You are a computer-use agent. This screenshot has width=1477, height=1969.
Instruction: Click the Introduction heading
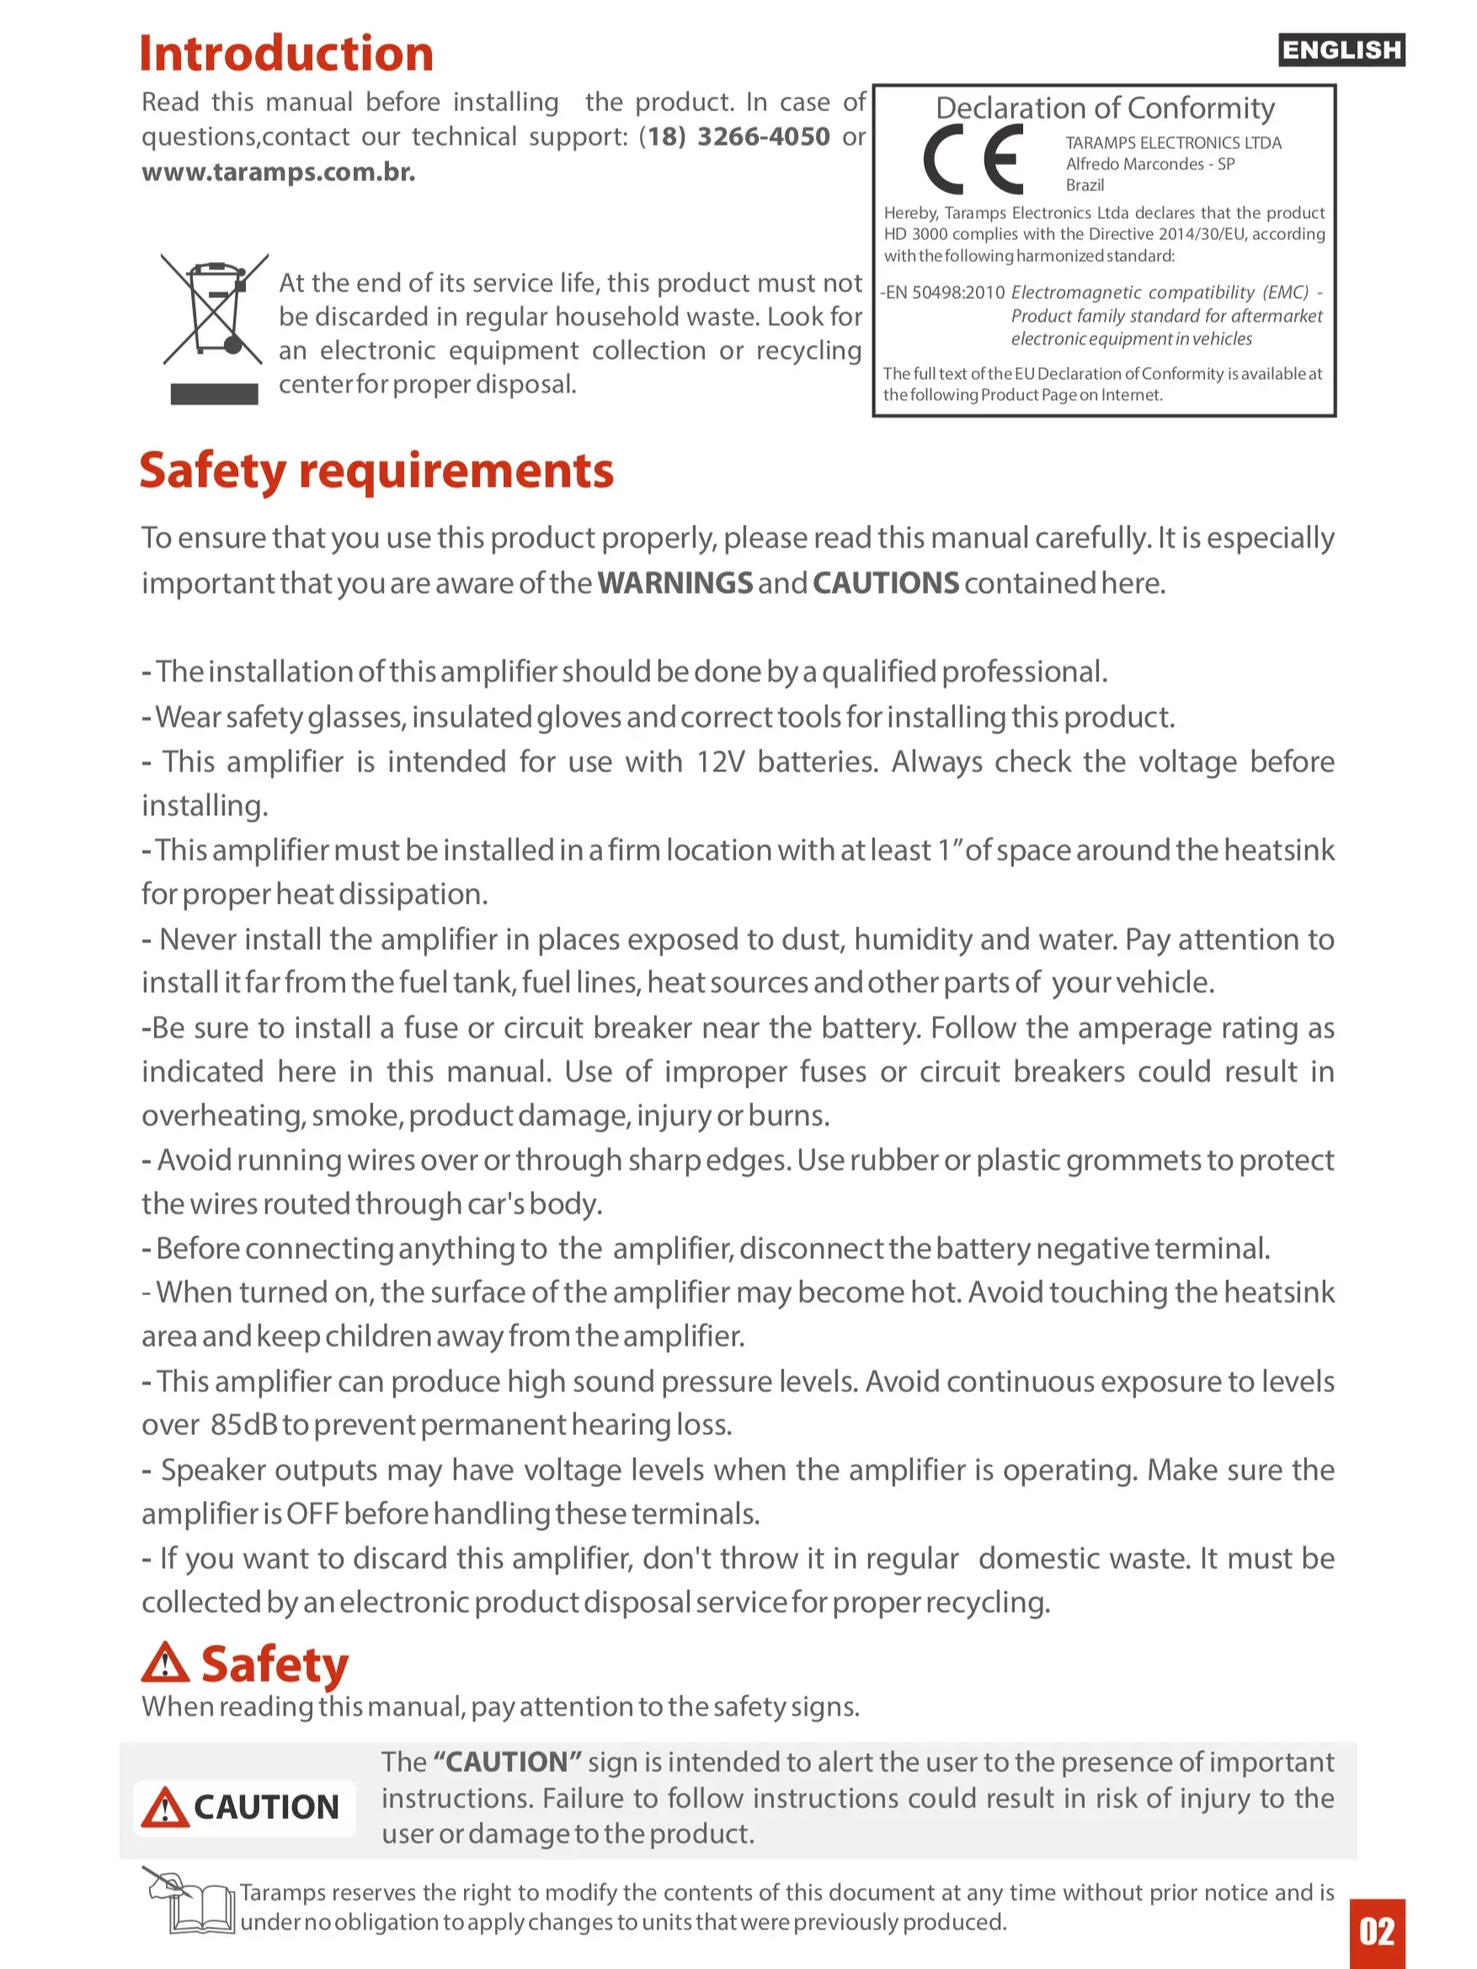pyautogui.click(x=285, y=53)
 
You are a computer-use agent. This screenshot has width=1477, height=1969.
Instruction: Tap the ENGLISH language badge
pyautogui.click(x=1341, y=50)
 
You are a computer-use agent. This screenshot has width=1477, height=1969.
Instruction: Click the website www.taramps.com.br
pyautogui.click(x=278, y=171)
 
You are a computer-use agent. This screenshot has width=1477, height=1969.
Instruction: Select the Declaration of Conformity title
pyautogui.click(x=1105, y=109)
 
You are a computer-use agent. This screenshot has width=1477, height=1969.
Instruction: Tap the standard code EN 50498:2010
pyautogui.click(x=945, y=293)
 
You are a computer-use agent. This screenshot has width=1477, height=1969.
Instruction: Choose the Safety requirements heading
pyautogui.click(x=376, y=470)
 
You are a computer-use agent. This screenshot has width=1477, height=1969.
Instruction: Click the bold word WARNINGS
pyautogui.click(x=675, y=583)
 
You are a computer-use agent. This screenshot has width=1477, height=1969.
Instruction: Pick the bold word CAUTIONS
pyautogui.click(x=885, y=583)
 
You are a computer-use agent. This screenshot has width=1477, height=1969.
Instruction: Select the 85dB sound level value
pyautogui.click(x=245, y=1424)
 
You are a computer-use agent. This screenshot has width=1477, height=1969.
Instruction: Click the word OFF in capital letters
pyautogui.click(x=312, y=1513)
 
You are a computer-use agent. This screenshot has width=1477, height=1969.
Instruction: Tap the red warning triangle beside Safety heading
pyautogui.click(x=165, y=1662)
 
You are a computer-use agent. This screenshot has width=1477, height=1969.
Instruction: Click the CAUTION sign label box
pyautogui.click(x=244, y=1807)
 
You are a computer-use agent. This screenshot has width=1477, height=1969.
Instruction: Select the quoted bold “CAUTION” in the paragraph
pyautogui.click(x=508, y=1762)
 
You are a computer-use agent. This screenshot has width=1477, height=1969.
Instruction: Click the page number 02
pyautogui.click(x=1377, y=1932)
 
